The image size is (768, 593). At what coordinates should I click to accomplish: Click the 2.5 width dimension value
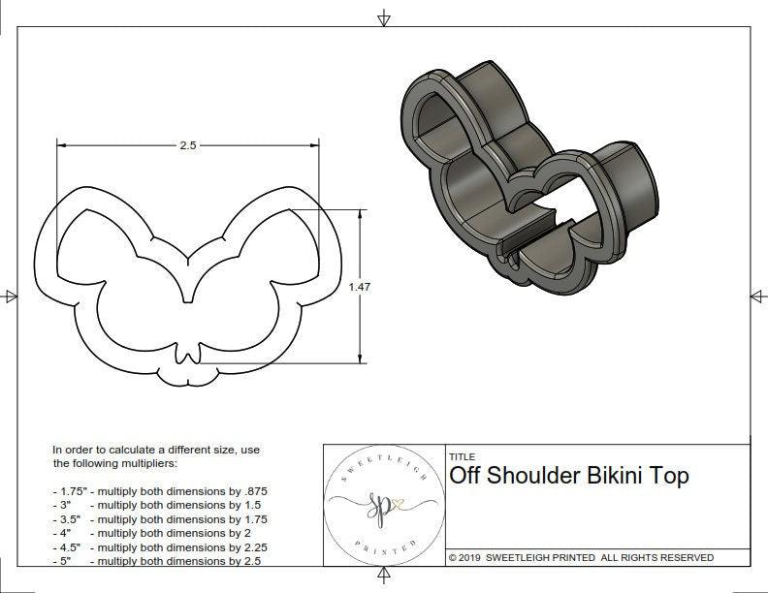[187, 145]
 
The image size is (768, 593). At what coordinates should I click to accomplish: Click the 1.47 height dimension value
[359, 288]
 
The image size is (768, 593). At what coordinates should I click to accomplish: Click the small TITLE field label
[462, 457]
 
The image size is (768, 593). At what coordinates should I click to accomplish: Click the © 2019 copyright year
[464, 557]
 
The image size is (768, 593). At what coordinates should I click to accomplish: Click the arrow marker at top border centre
[385, 17]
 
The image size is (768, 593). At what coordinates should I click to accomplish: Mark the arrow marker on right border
[756, 296]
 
